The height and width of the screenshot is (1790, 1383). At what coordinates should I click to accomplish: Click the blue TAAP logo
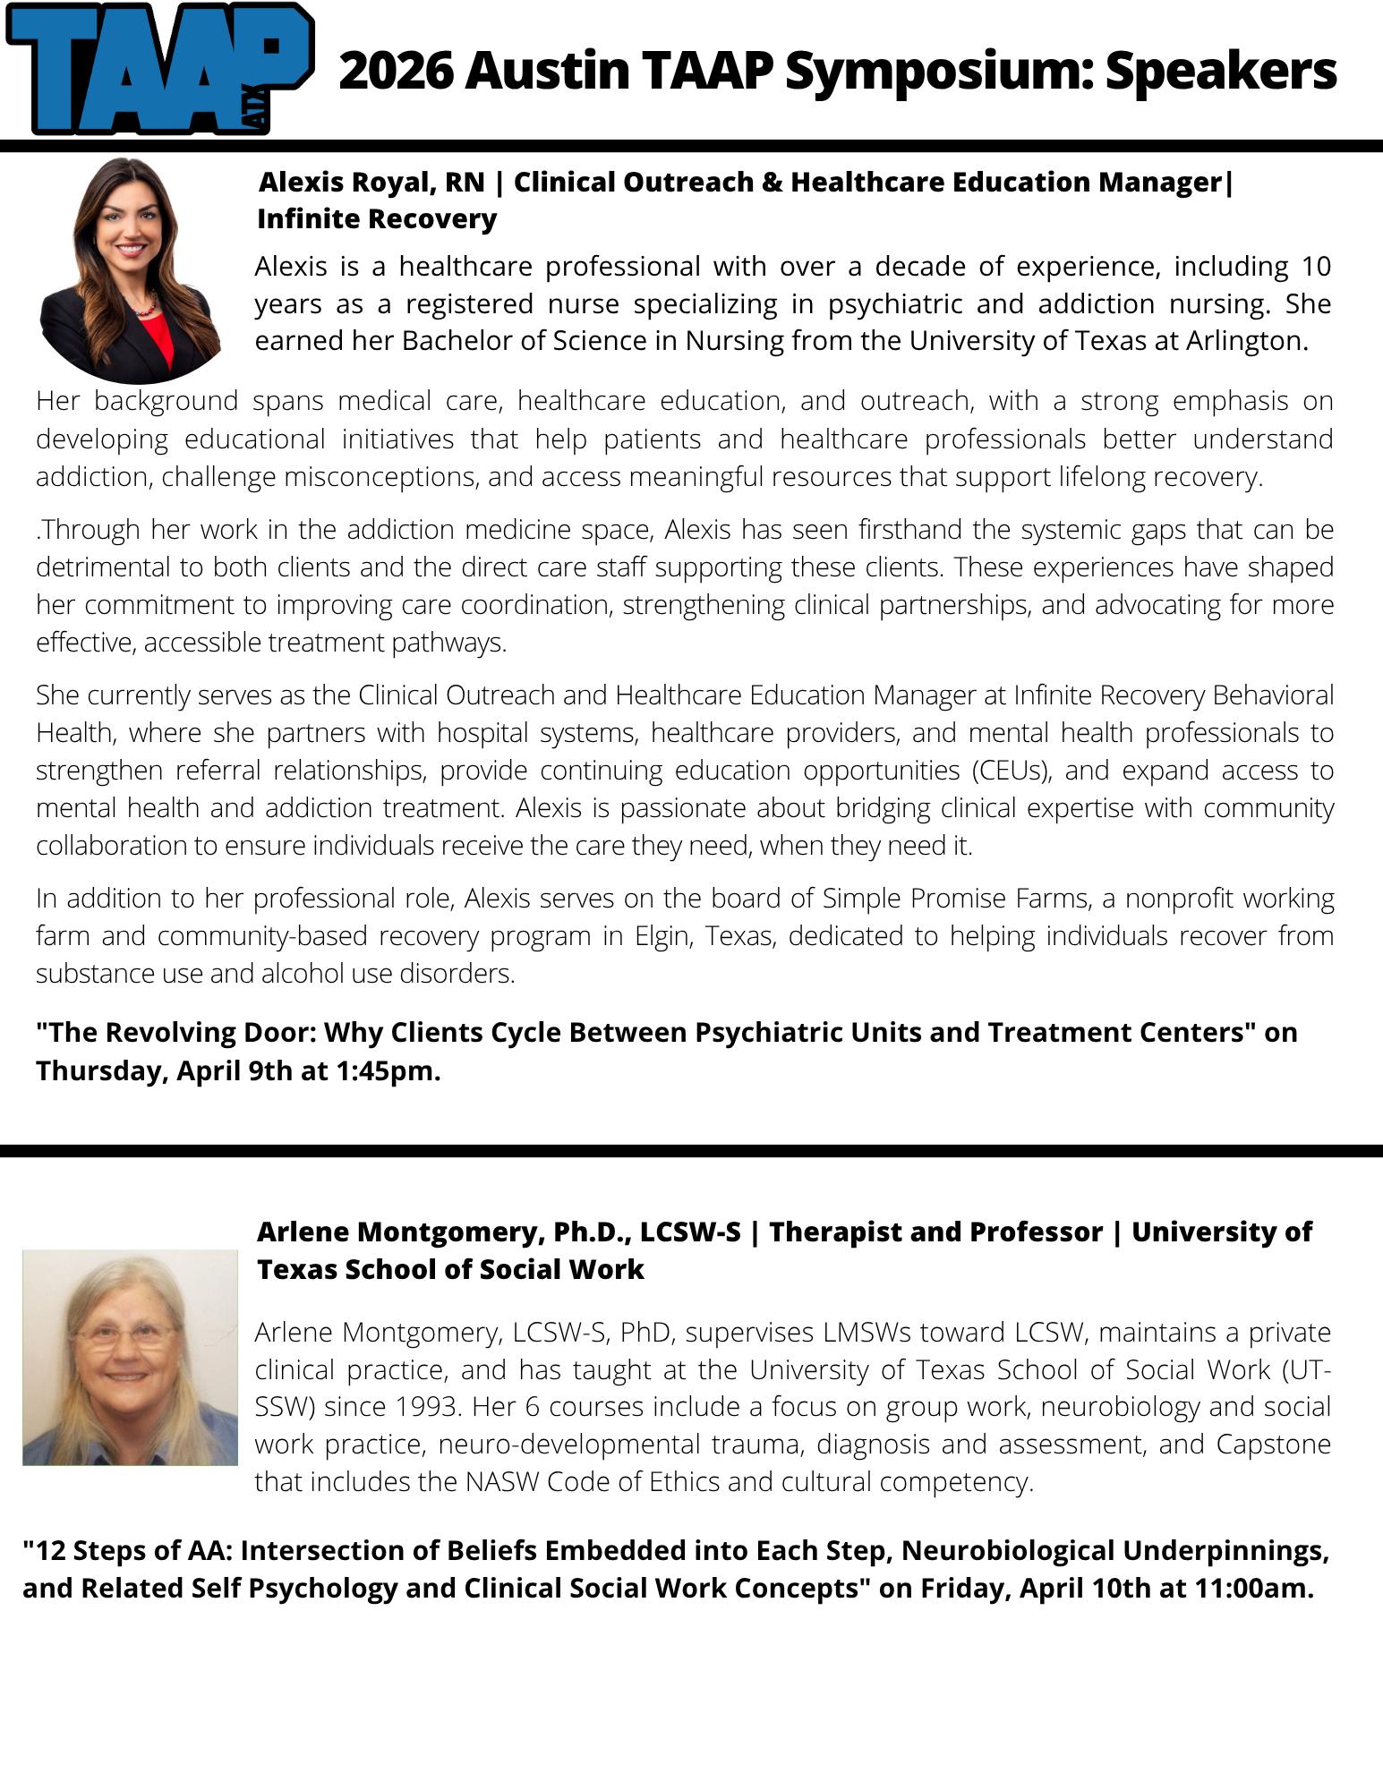point(159,70)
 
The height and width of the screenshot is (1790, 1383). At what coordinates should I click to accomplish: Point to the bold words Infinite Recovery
point(377,218)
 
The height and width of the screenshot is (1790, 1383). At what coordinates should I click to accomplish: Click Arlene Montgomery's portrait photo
point(130,1357)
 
